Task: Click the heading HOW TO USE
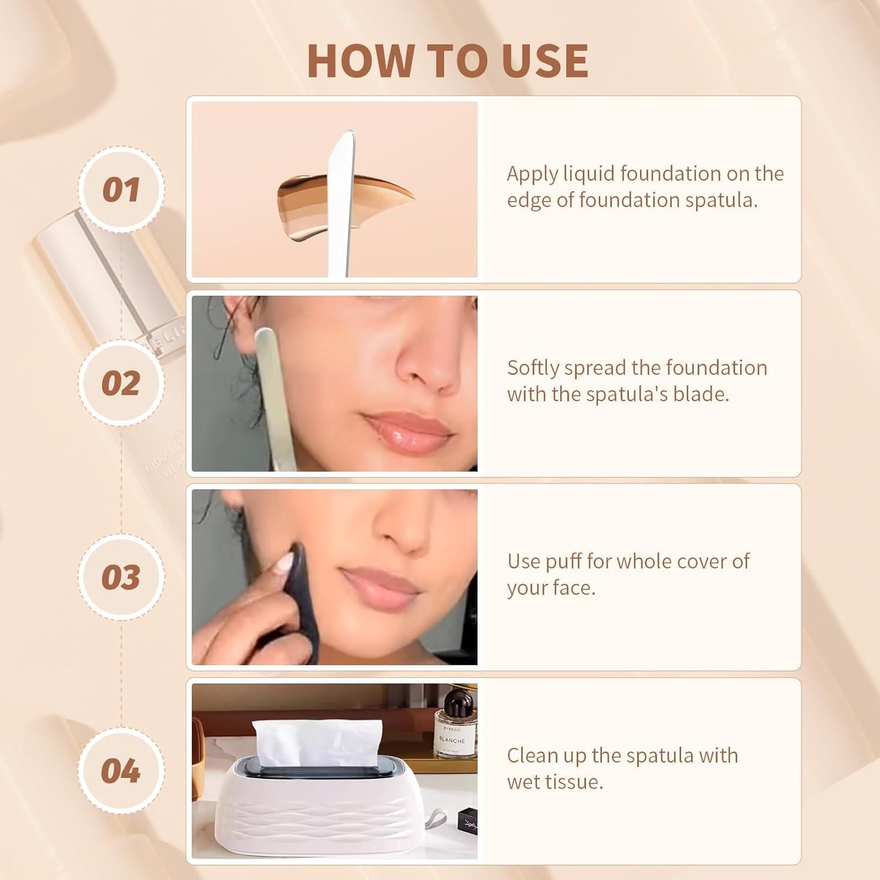447,60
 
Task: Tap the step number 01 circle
121,189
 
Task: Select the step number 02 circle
121,383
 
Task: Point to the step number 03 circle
121,577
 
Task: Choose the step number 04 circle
121,770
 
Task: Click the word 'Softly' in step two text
533,368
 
